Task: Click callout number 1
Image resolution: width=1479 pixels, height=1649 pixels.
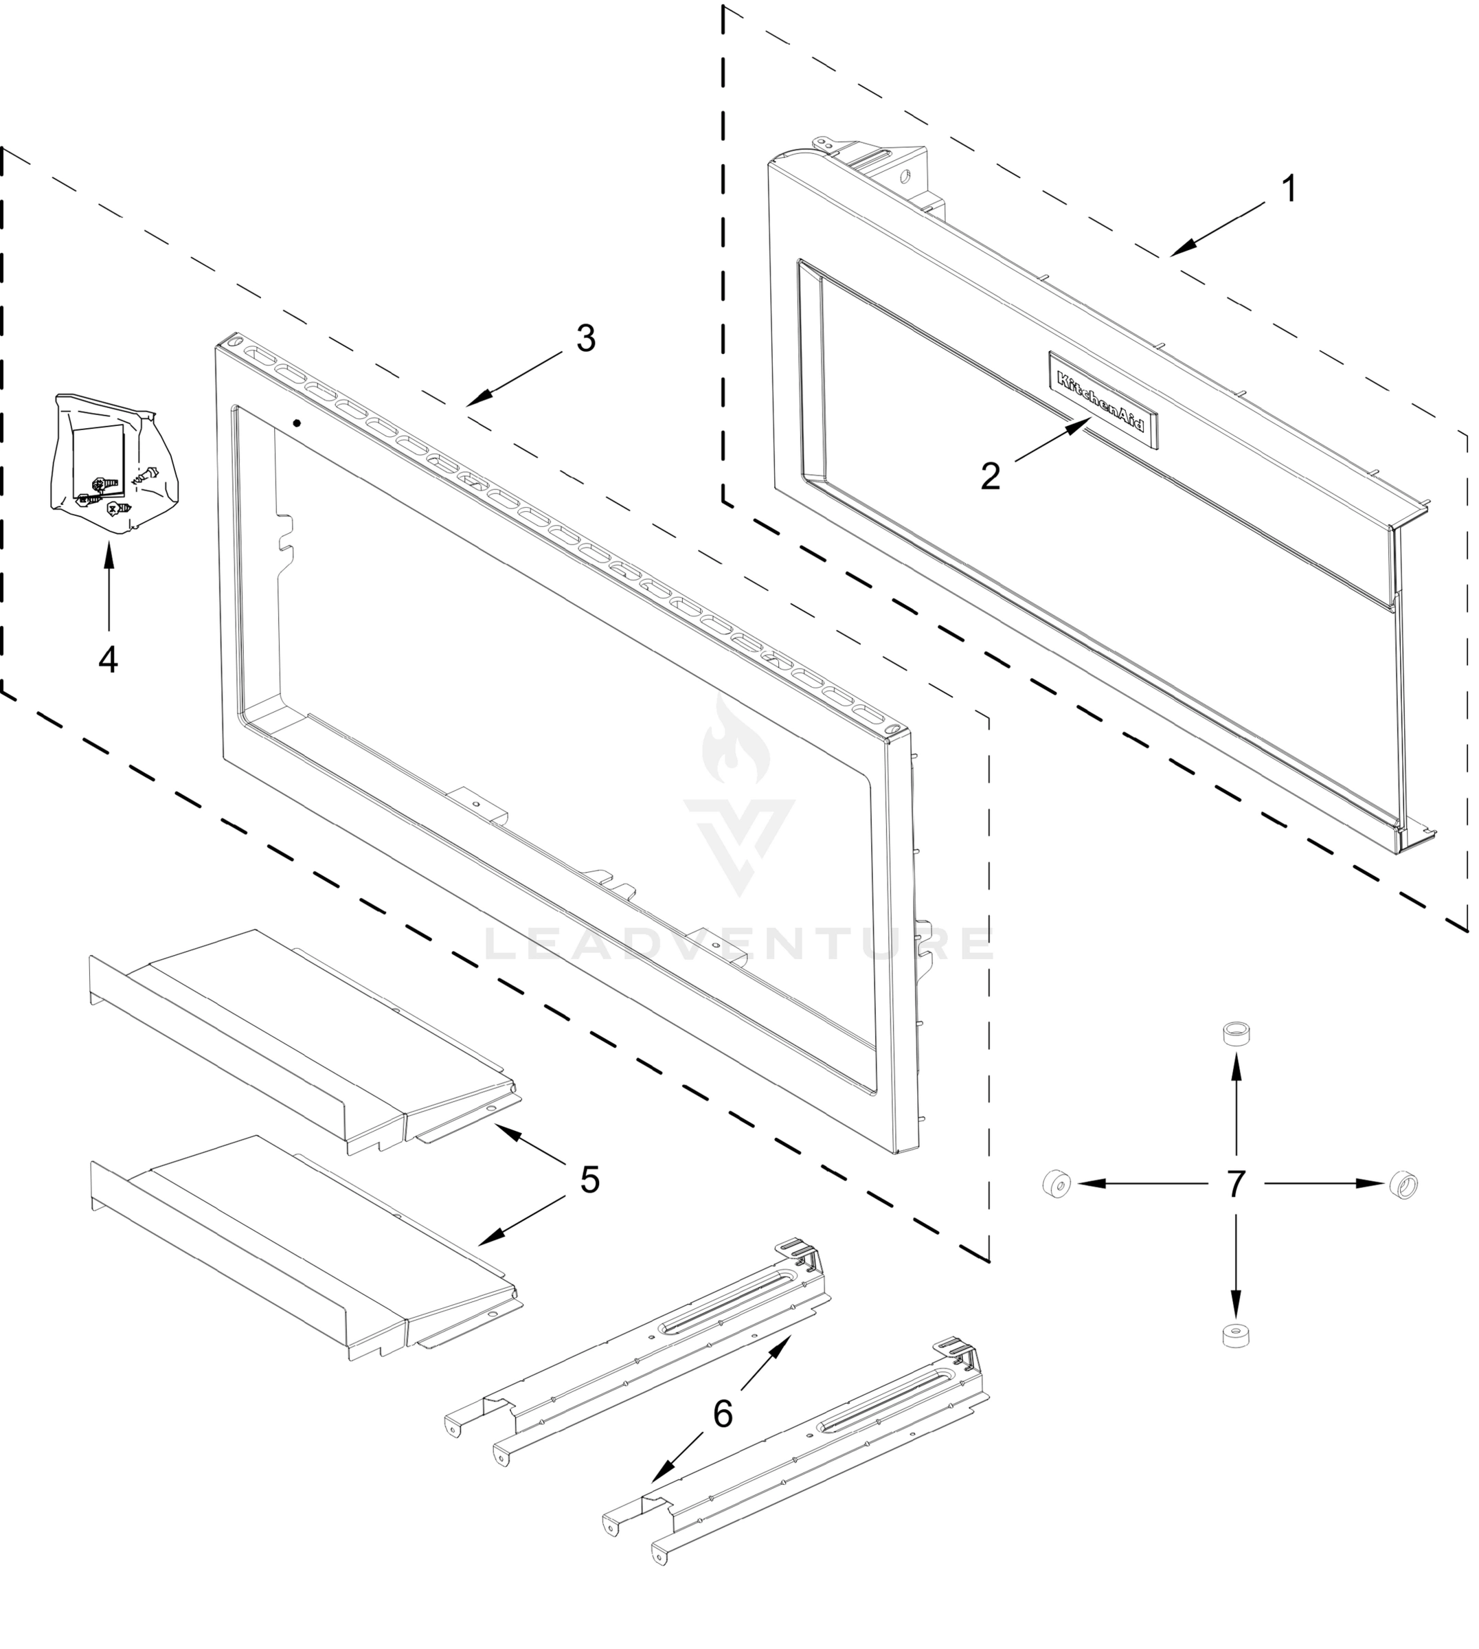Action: [x=1288, y=190]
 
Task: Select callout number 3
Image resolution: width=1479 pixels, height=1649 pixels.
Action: [x=585, y=338]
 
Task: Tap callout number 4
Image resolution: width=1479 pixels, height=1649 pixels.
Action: [x=108, y=659]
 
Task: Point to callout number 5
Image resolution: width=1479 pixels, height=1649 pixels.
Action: [x=590, y=1180]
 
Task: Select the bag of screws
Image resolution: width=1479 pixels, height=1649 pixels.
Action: [x=111, y=463]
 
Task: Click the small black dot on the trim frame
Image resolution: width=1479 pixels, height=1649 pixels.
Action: [x=297, y=423]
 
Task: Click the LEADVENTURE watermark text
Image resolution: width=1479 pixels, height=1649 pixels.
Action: [x=738, y=943]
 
